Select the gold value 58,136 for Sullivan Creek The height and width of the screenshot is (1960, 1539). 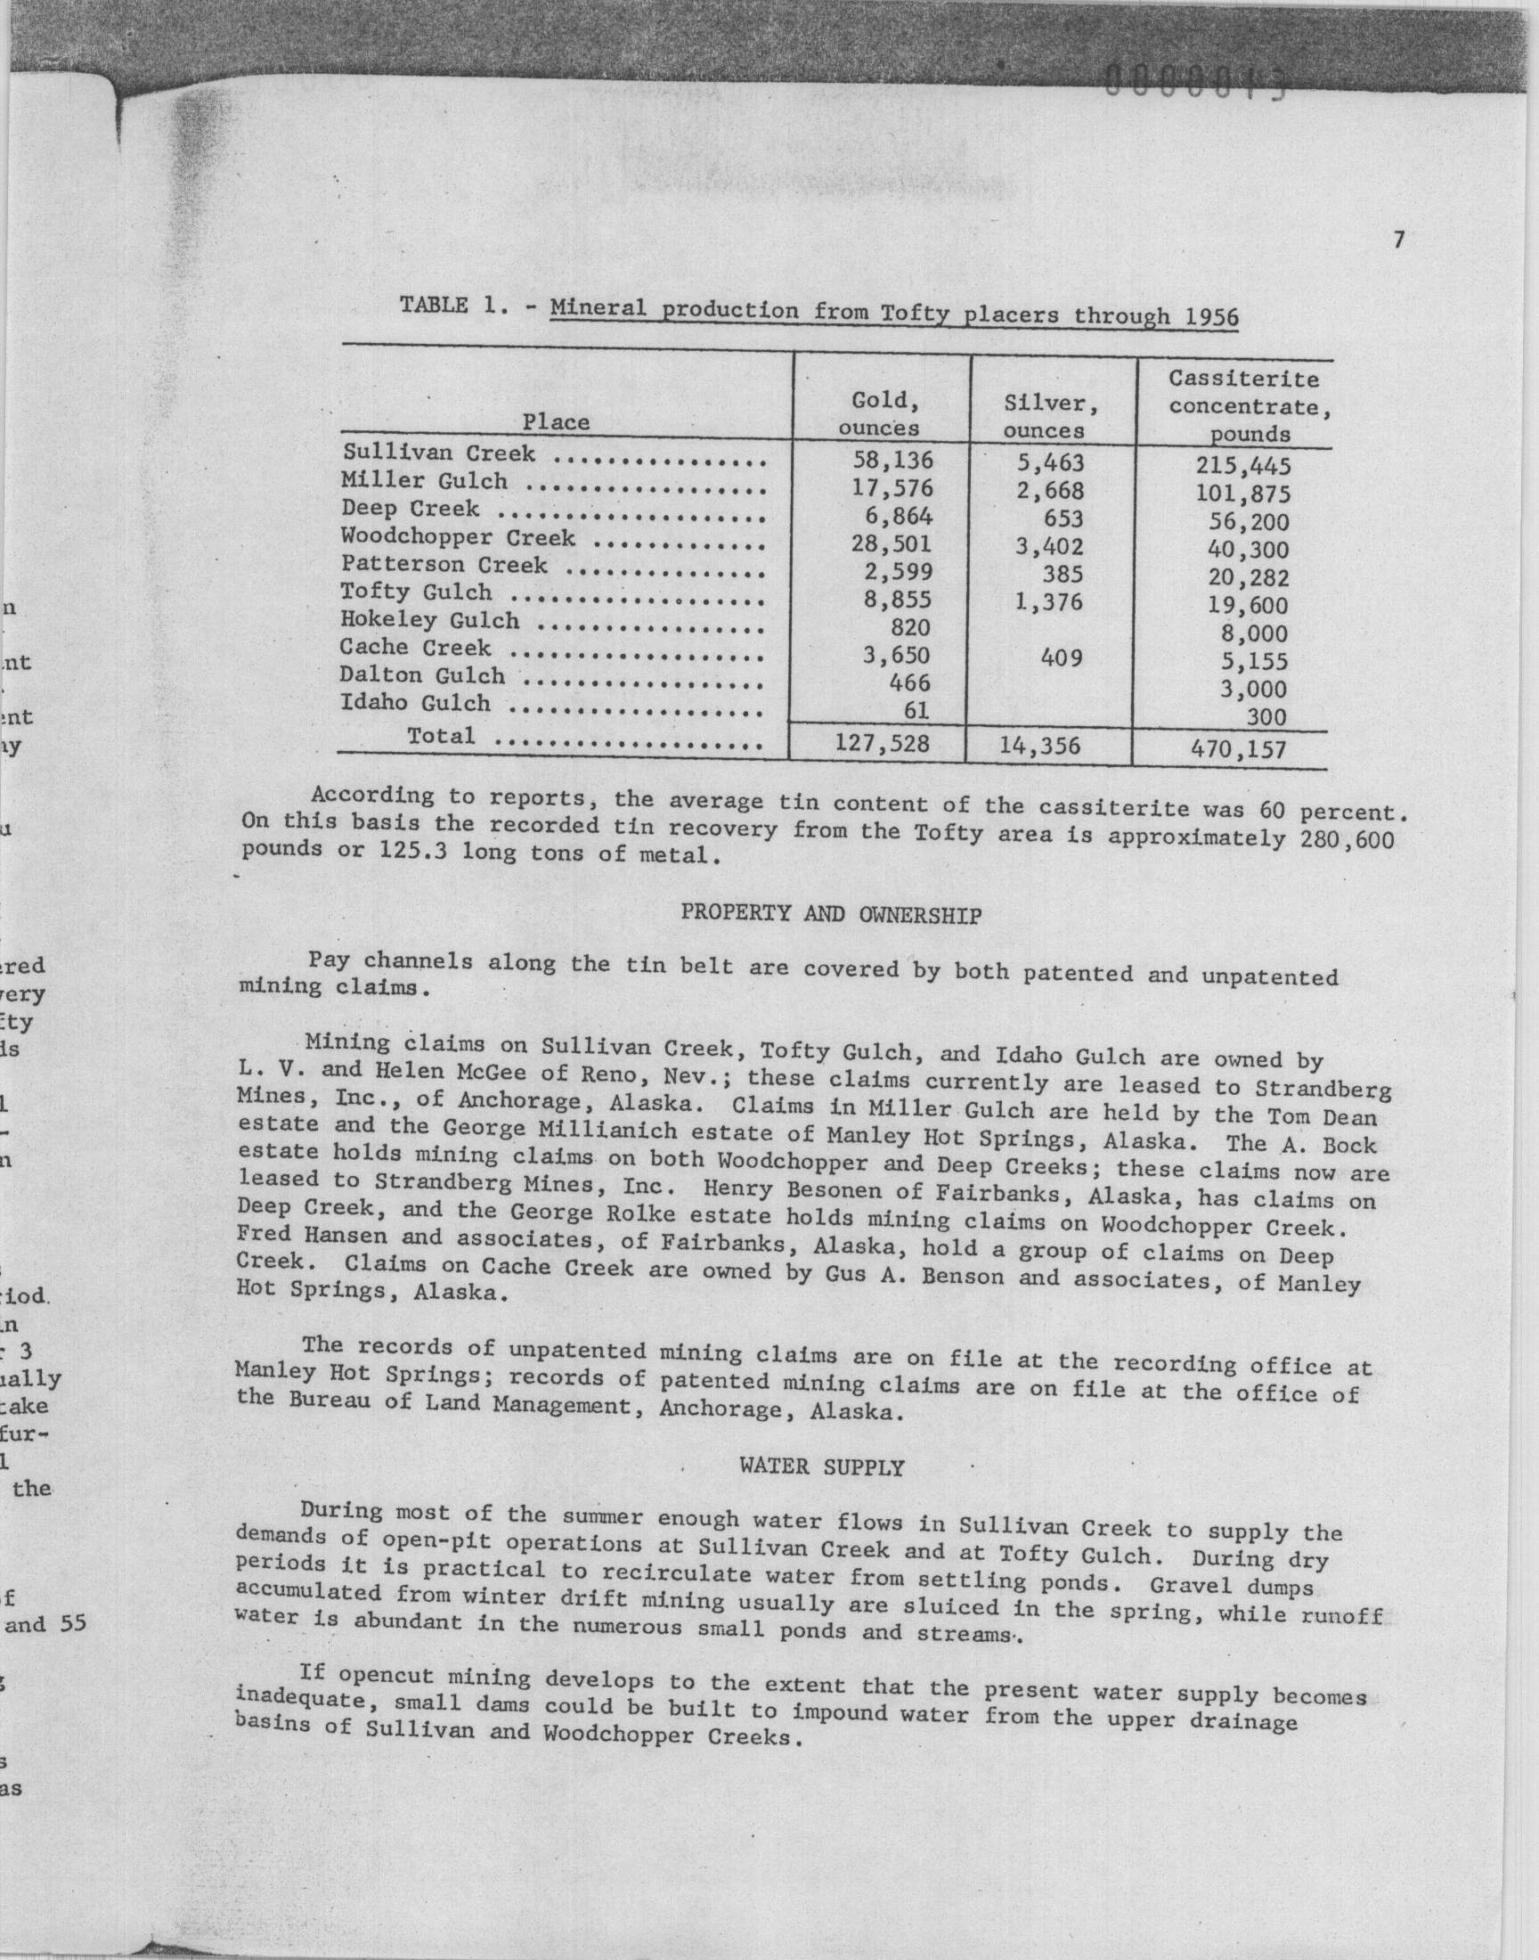[x=892, y=461]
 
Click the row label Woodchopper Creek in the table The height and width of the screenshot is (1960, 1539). [x=458, y=538]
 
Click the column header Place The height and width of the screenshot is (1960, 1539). [x=556, y=421]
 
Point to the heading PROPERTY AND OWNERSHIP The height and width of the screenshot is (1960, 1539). [x=831, y=915]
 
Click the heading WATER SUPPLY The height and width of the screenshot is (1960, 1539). [x=821, y=1467]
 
